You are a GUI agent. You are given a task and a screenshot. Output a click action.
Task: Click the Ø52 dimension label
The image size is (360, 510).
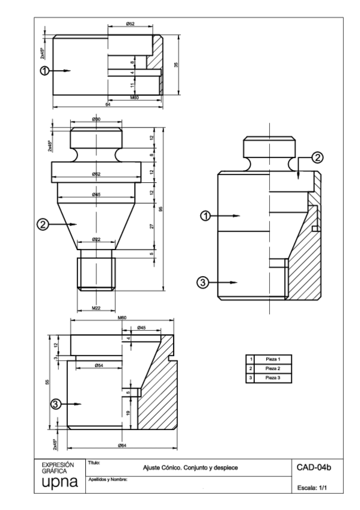coord(130,23)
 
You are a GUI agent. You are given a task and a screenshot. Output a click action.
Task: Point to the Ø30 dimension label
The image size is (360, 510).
coord(96,120)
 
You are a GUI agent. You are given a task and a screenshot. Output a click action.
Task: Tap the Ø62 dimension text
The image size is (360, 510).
coord(96,174)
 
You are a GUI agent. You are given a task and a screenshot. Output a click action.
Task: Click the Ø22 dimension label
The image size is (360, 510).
coord(96,239)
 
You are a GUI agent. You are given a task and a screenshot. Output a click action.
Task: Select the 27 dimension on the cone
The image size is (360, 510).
coord(151,226)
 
